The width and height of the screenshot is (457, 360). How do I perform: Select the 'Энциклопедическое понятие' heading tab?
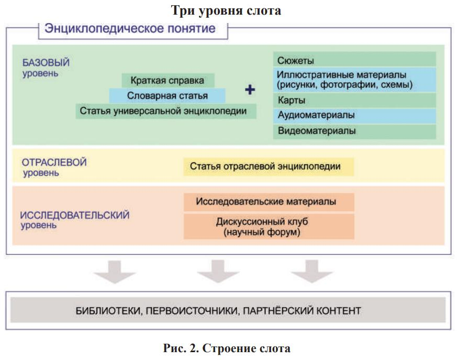point(133,29)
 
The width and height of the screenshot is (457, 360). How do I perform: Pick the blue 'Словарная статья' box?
point(167,96)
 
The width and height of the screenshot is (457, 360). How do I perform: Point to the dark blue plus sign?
point(250,90)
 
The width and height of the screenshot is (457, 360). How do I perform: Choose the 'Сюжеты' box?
point(354,59)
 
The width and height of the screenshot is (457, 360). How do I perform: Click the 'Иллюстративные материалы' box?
point(354,80)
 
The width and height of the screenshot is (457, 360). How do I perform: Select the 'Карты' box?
point(354,100)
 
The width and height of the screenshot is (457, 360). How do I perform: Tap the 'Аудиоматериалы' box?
point(354,115)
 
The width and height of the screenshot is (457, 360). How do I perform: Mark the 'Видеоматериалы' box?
point(354,131)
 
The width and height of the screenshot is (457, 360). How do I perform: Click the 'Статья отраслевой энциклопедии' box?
point(269,167)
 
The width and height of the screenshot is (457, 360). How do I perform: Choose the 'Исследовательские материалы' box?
point(269,201)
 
